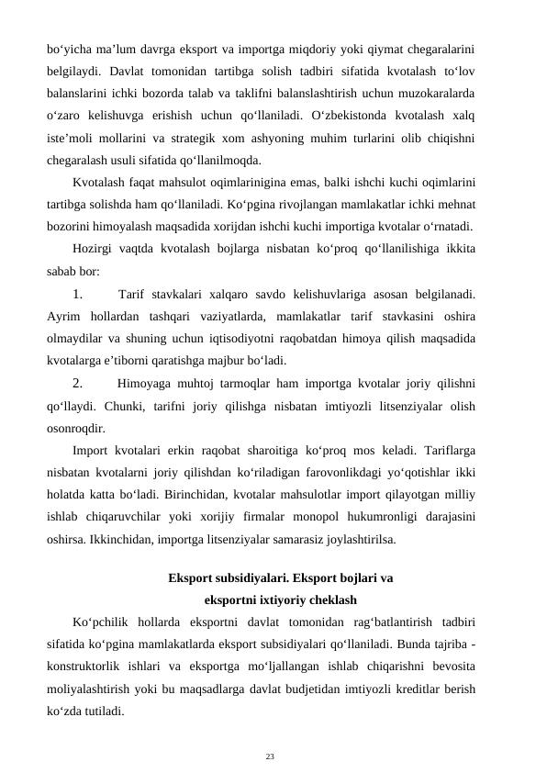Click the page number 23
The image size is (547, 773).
[270, 731]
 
